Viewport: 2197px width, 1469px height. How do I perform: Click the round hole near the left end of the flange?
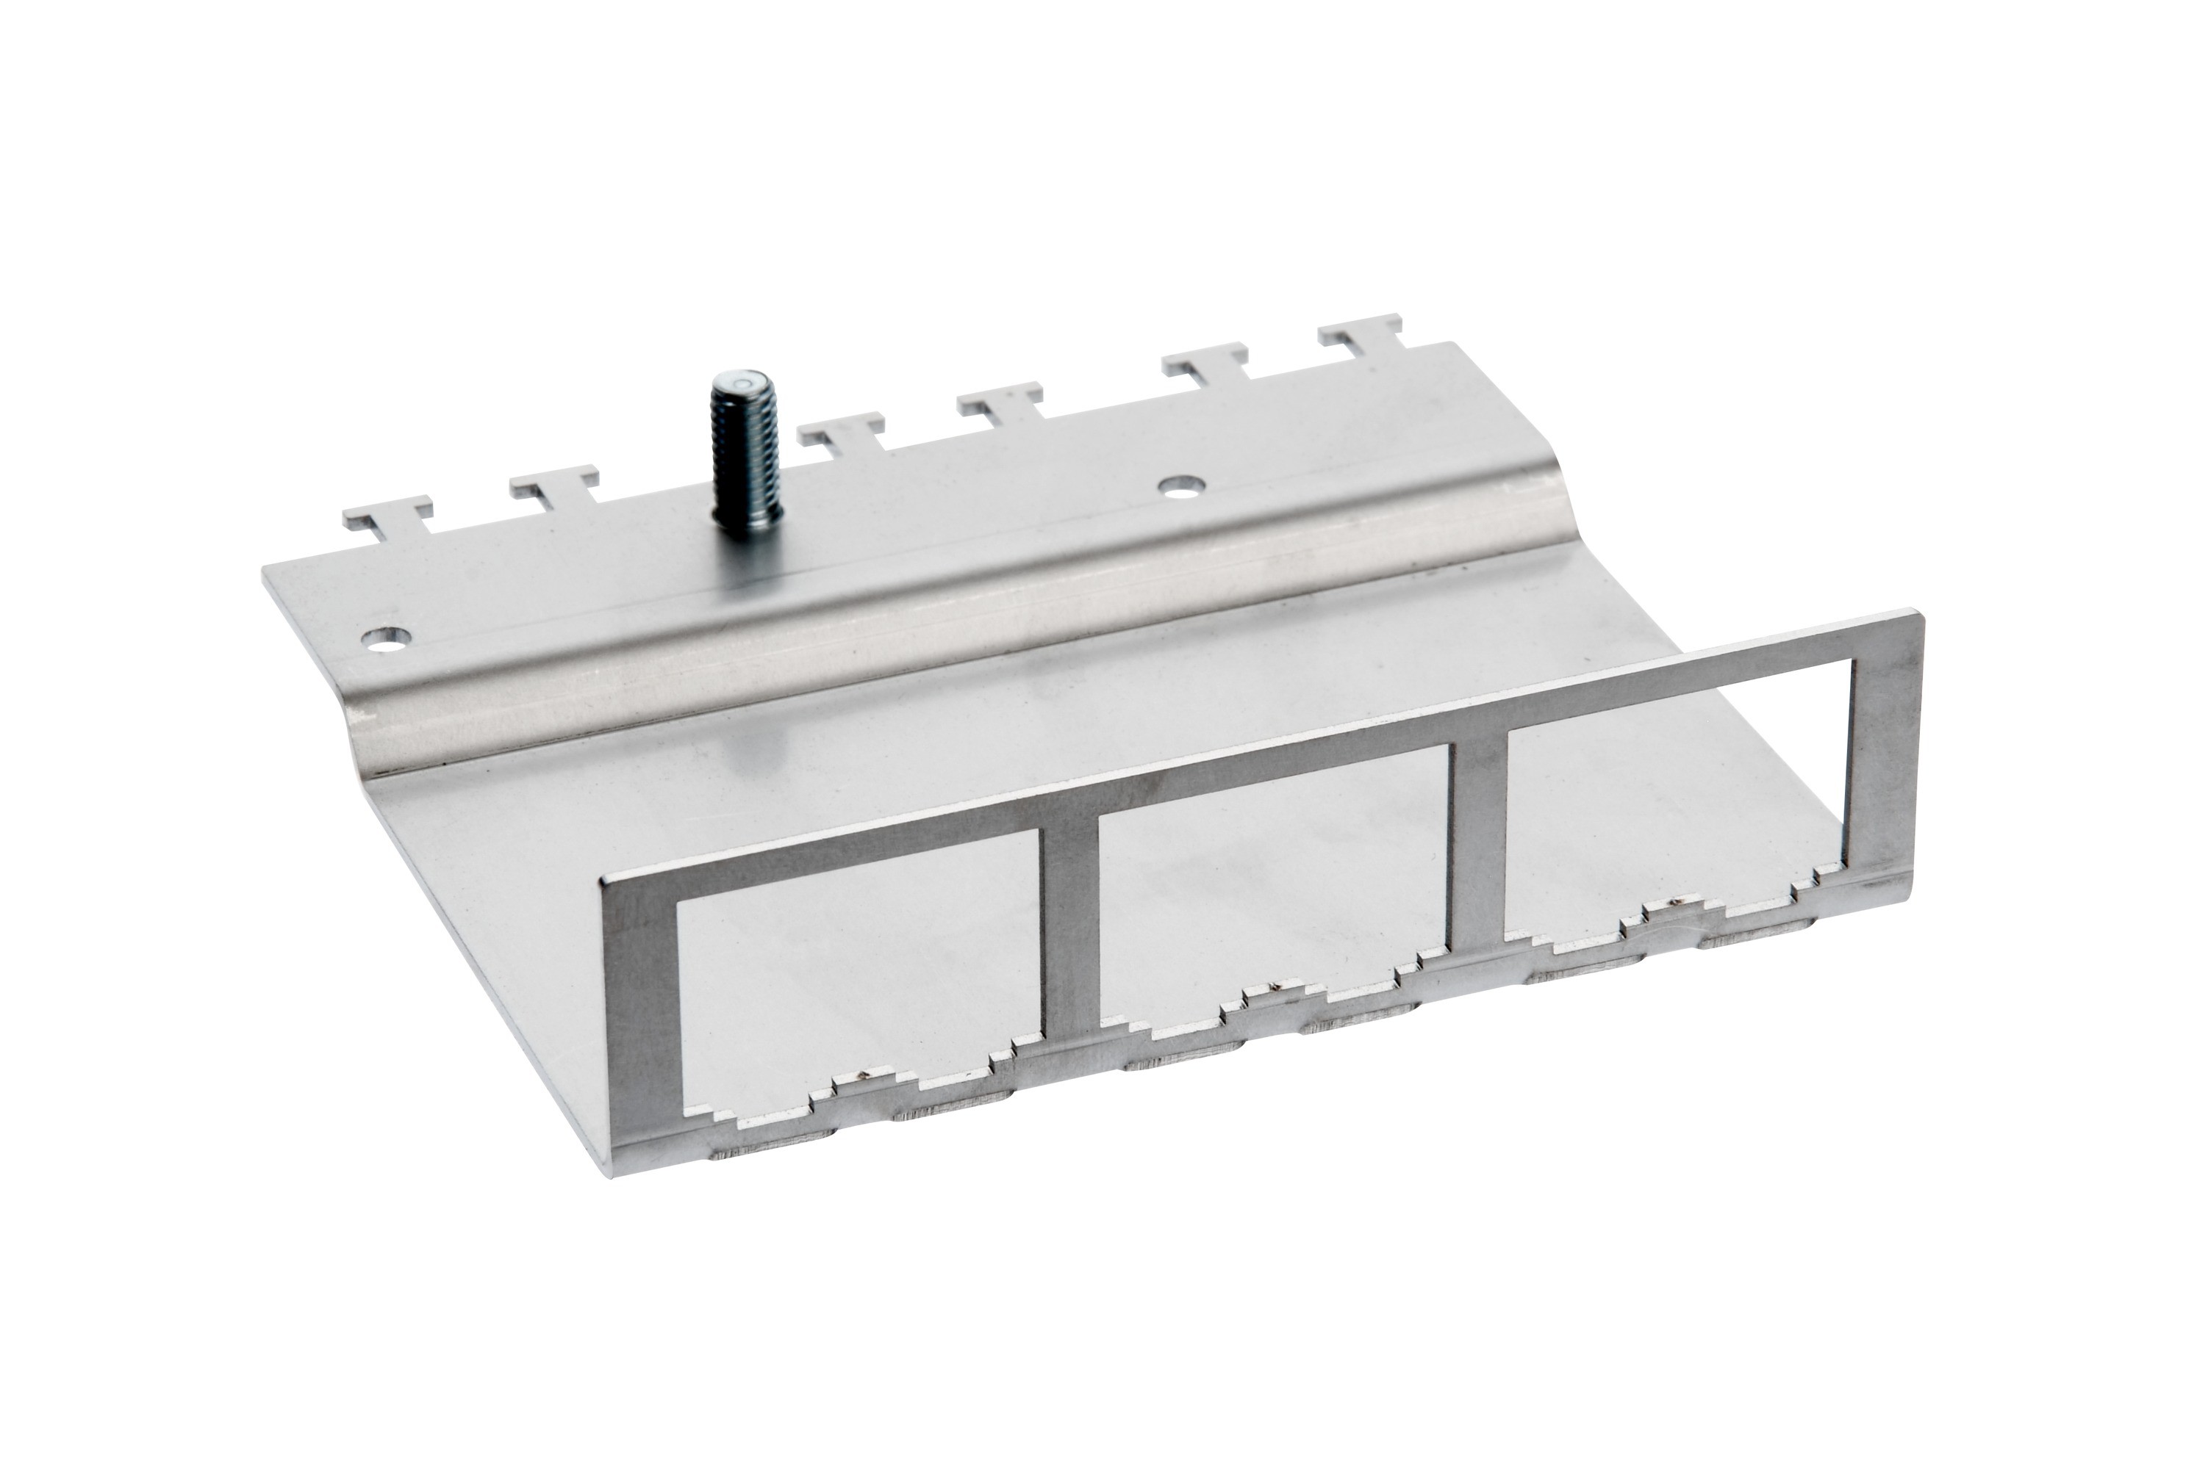pos(387,640)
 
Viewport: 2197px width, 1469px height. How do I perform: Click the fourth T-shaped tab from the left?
pos(1001,402)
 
